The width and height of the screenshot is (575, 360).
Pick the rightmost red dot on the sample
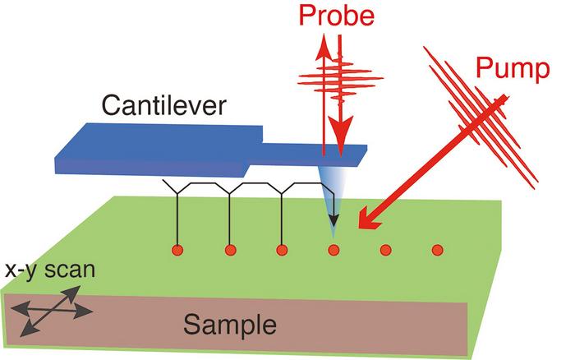(438, 249)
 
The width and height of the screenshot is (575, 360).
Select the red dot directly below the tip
(333, 249)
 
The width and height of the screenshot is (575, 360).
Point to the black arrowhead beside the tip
(333, 219)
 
